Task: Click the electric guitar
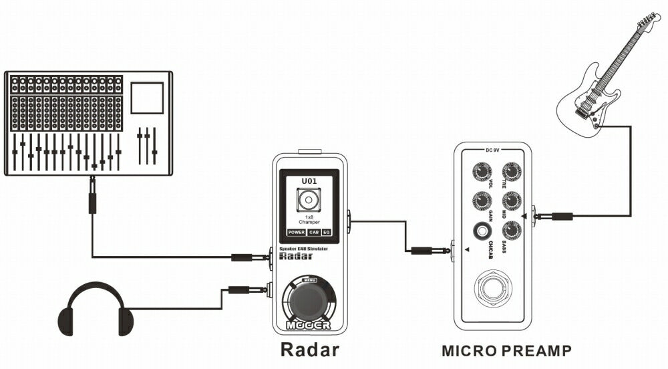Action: (x=601, y=87)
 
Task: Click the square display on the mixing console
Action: (x=147, y=98)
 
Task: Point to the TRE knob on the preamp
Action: (x=512, y=172)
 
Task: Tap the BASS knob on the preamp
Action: (x=512, y=230)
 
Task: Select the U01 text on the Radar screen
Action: (x=309, y=180)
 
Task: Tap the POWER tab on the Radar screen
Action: (x=296, y=233)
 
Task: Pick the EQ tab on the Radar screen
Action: (x=327, y=233)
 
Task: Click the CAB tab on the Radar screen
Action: (x=314, y=233)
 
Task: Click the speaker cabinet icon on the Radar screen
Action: (x=309, y=200)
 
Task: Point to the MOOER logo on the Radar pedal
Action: (x=309, y=326)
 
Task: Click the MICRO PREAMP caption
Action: (x=506, y=350)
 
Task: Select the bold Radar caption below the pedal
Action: (x=309, y=350)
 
